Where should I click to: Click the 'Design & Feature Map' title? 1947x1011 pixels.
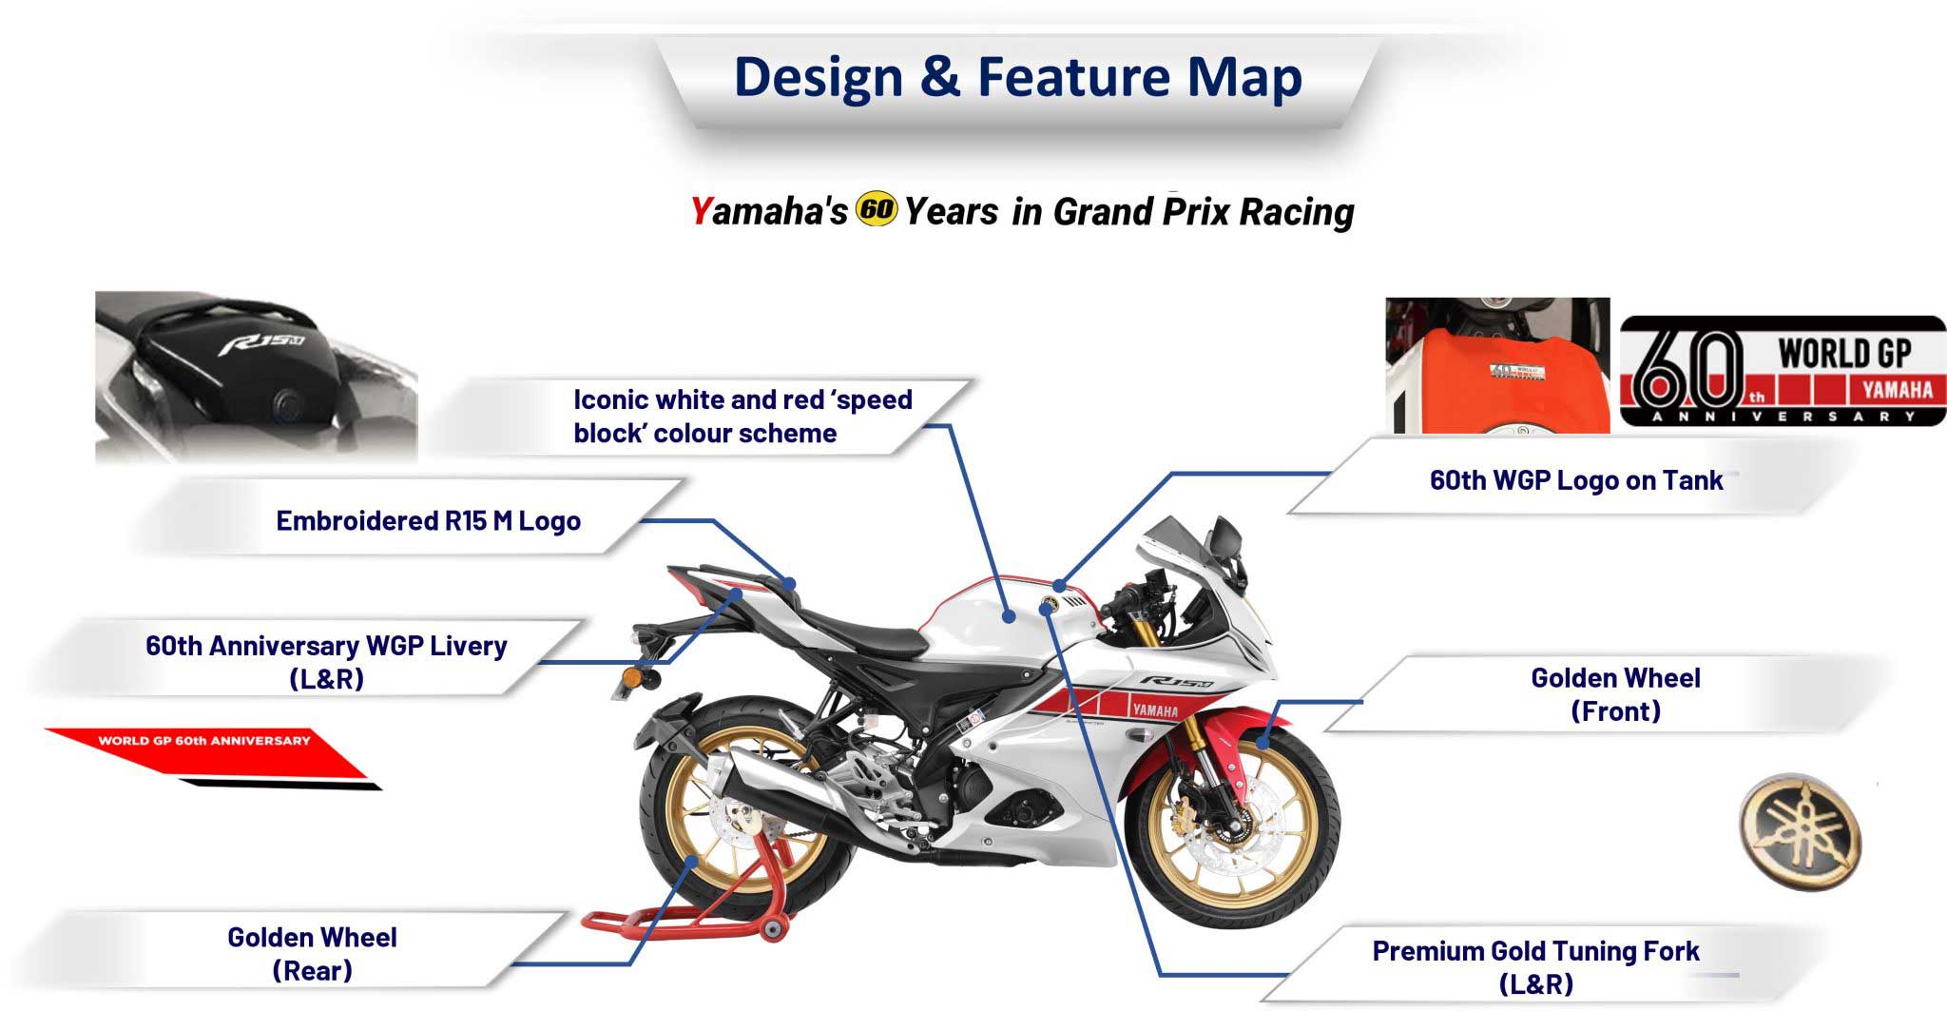1017,77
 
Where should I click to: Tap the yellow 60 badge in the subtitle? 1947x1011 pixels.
876,208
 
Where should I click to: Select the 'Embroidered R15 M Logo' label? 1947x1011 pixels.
428,521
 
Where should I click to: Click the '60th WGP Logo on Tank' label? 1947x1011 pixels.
1575,480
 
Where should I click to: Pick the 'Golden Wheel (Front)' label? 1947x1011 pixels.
1615,694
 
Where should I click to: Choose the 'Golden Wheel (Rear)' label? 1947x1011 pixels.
312,954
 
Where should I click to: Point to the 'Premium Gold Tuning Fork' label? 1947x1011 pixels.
1535,966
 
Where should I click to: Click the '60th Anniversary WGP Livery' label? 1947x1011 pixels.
326,662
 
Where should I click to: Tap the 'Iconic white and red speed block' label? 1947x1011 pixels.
742,417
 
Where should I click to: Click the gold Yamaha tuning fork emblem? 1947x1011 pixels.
1800,831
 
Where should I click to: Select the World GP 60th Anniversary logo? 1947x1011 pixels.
1783,371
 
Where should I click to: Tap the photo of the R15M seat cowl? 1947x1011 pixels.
256,377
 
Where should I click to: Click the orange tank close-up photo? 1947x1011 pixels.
1497,365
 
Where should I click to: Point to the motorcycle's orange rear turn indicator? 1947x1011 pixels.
632,679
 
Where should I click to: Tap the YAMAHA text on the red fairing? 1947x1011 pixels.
1154,710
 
